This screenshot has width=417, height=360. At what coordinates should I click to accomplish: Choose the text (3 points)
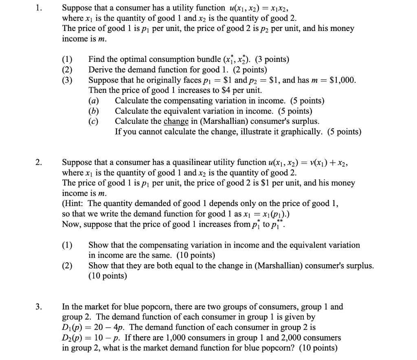(268, 59)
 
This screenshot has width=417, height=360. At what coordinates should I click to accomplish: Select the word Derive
(100, 70)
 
